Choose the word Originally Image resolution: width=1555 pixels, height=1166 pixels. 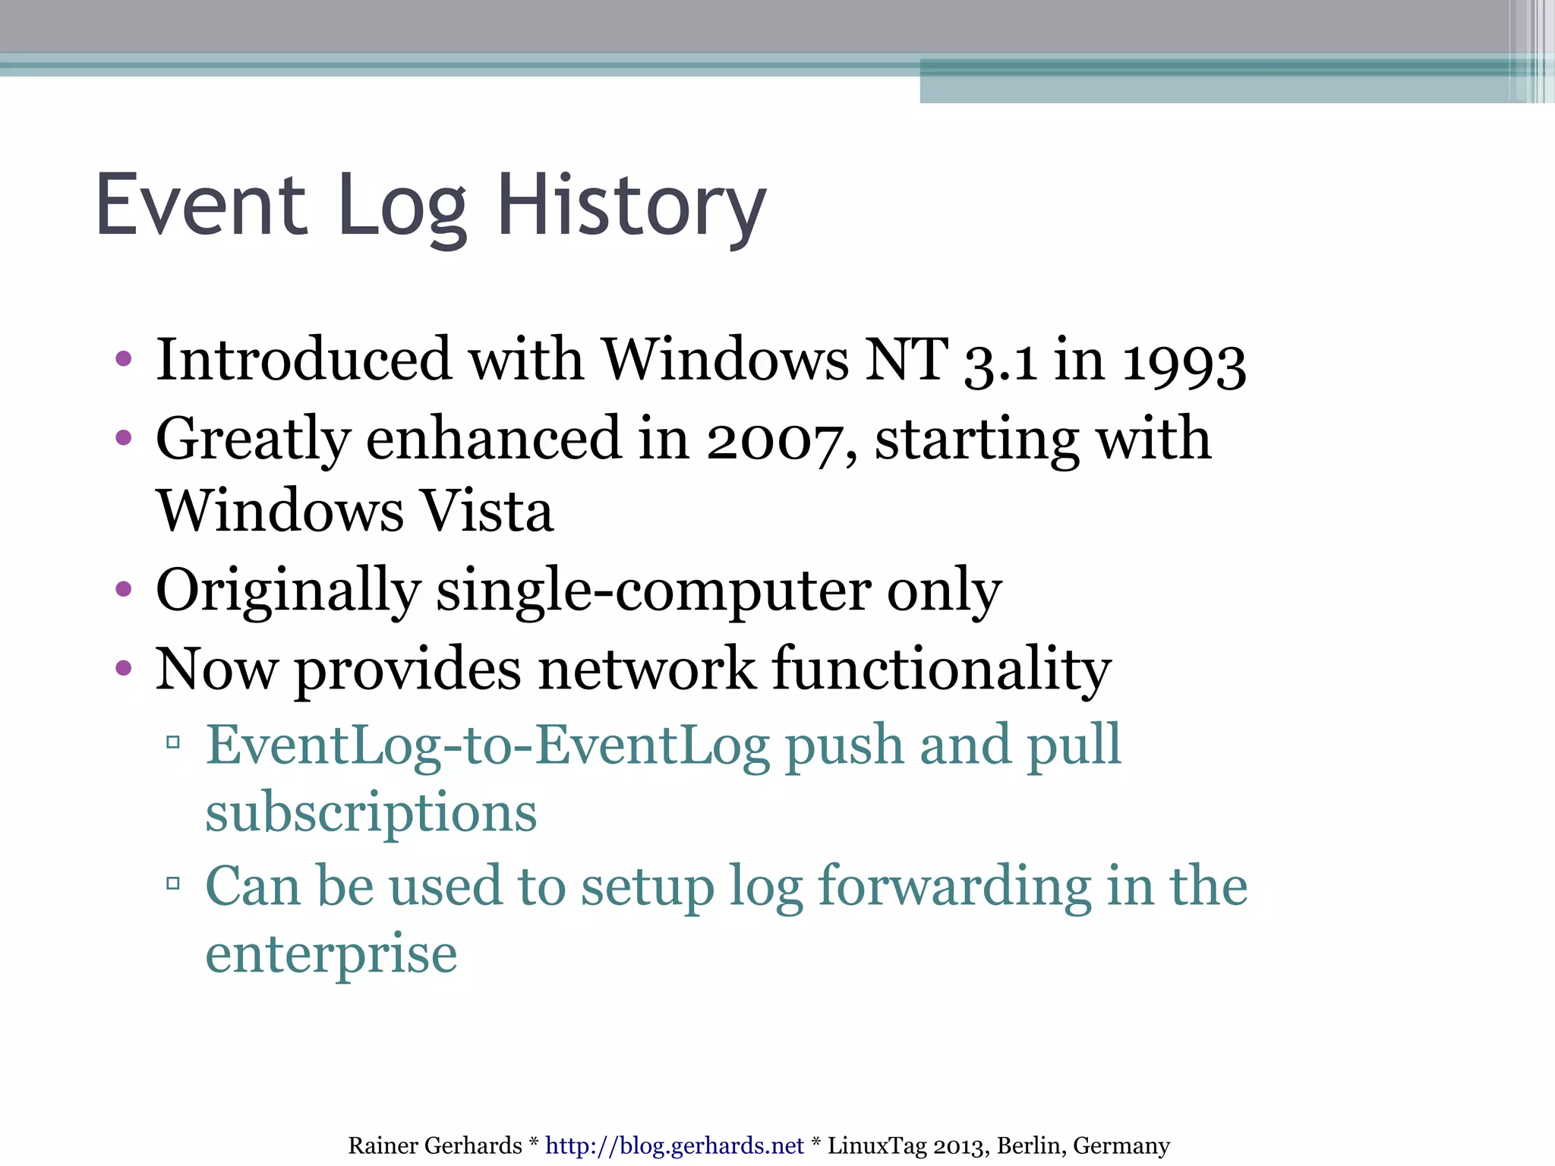click(x=288, y=591)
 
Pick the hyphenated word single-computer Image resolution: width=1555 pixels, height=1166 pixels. click(x=654, y=591)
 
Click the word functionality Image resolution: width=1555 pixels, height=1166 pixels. click(x=942, y=670)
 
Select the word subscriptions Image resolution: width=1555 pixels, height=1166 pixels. click(x=371, y=812)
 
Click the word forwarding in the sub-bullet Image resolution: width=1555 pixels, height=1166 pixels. click(x=954, y=887)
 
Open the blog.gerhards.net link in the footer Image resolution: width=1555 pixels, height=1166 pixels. click(x=674, y=1146)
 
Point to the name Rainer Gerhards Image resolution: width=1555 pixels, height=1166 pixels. click(x=435, y=1146)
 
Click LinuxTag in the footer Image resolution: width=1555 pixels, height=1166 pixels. click(x=876, y=1146)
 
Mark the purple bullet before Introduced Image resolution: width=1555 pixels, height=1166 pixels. click(x=124, y=358)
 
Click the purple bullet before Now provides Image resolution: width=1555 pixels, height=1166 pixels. click(x=124, y=668)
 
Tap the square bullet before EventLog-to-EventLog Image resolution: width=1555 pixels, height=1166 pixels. click(x=173, y=742)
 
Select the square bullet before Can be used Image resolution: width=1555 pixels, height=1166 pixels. click(x=173, y=883)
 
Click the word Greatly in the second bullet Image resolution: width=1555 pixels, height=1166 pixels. click(x=253, y=440)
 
